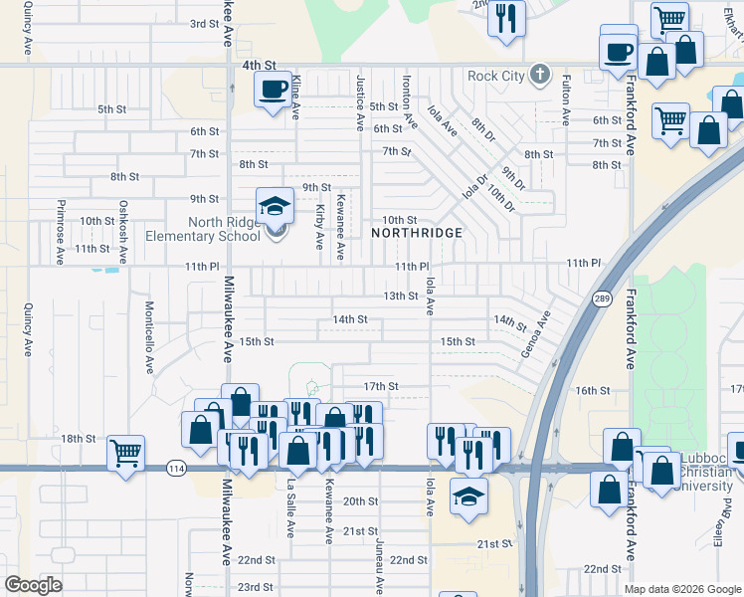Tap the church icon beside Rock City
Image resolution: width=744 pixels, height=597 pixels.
(x=539, y=75)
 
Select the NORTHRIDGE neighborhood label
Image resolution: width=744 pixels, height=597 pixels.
(x=417, y=232)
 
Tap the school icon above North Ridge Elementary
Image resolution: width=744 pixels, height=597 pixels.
(x=275, y=206)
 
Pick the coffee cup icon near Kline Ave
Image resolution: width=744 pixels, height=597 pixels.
(x=273, y=90)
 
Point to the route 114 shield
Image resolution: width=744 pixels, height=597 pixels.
(x=177, y=468)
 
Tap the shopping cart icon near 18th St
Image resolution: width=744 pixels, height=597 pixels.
(x=125, y=454)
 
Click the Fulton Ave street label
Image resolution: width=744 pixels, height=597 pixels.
(x=566, y=99)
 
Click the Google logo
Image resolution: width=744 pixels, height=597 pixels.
(x=34, y=585)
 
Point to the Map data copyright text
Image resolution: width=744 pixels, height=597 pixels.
(x=681, y=589)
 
